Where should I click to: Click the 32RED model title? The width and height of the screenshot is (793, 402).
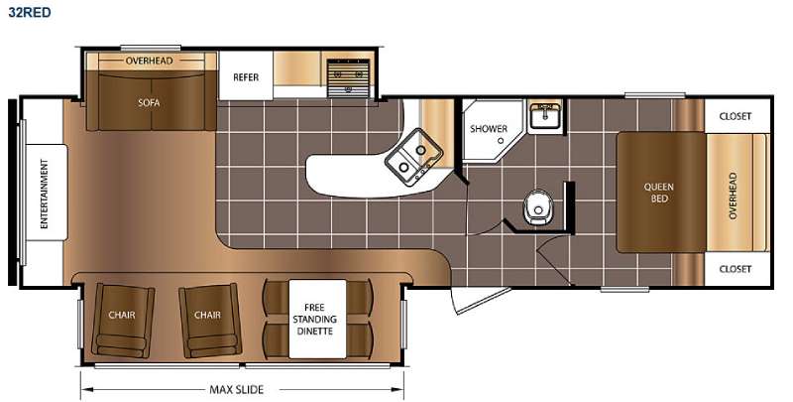(x=30, y=12)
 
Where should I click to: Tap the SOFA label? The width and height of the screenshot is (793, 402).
(x=149, y=103)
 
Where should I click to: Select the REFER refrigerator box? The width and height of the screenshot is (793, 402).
(x=246, y=75)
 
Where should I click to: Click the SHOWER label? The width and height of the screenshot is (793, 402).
(x=489, y=129)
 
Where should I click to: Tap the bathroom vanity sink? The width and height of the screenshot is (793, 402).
(x=544, y=117)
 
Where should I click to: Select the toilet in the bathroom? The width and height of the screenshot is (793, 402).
(x=537, y=207)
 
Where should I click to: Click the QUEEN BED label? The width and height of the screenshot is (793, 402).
(x=658, y=193)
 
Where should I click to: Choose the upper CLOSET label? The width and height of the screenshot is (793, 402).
(x=736, y=116)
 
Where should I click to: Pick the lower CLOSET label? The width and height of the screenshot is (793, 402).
(x=736, y=269)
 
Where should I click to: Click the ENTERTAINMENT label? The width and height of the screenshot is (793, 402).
(x=45, y=194)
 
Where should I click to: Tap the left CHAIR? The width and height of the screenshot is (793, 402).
(x=123, y=320)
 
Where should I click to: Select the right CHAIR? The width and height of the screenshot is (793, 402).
(x=209, y=320)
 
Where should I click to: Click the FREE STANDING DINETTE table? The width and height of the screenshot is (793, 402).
(x=317, y=319)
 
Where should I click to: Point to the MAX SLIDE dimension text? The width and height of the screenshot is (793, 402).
(x=237, y=390)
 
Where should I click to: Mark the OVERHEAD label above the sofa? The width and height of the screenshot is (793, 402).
(x=150, y=61)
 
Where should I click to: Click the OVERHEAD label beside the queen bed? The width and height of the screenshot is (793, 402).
(x=734, y=196)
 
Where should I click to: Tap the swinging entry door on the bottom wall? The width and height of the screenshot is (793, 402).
(x=480, y=300)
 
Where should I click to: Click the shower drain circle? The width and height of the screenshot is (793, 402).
(x=502, y=141)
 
